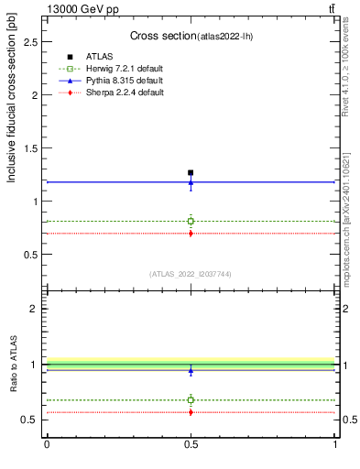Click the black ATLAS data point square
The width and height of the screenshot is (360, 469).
pos(191,172)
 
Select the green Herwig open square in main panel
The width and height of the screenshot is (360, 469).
pos(191,221)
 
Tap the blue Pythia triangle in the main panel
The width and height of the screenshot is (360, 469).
pos(191,181)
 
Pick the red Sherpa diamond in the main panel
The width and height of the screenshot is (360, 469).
pos(191,233)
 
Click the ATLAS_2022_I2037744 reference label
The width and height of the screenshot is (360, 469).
pos(191,274)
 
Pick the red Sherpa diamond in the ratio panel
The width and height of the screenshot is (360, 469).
pos(191,412)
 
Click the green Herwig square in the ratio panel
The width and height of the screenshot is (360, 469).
pos(191,399)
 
